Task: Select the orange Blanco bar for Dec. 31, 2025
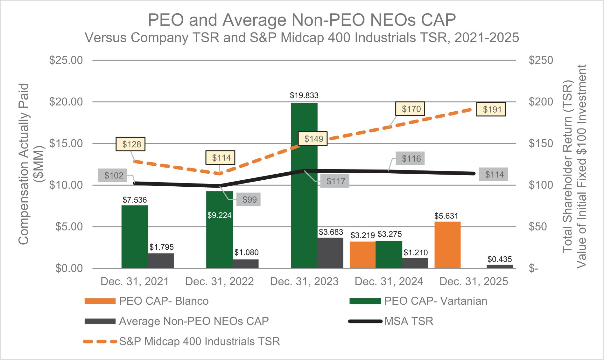pyautogui.click(x=447, y=245)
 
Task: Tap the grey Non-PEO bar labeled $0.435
pyautogui.click(x=500, y=267)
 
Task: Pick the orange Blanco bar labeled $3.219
pyautogui.click(x=362, y=255)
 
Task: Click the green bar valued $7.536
pyautogui.click(x=135, y=237)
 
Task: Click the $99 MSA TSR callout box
pyautogui.click(x=249, y=199)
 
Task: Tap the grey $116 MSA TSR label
pyautogui.click(x=411, y=158)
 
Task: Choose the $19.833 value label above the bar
pyautogui.click(x=304, y=95)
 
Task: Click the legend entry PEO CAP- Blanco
pyautogui.click(x=146, y=301)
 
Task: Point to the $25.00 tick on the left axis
pyautogui.click(x=66, y=60)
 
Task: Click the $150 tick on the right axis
pyautogui.click(x=541, y=143)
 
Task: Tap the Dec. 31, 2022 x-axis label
pyautogui.click(x=219, y=281)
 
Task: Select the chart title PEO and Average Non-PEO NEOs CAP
pyautogui.click(x=302, y=20)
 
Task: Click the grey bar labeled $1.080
pyautogui.click(x=245, y=264)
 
